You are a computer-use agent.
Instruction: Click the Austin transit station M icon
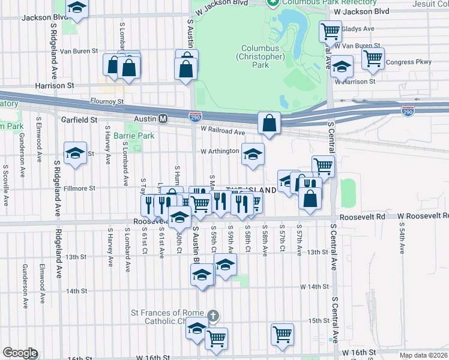[163, 120]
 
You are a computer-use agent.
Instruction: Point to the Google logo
[19, 353]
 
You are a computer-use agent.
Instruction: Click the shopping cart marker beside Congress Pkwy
[373, 59]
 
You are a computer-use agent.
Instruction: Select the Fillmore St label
[79, 188]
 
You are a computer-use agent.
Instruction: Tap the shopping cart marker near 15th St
[282, 335]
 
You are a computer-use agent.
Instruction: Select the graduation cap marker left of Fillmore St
[75, 153]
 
